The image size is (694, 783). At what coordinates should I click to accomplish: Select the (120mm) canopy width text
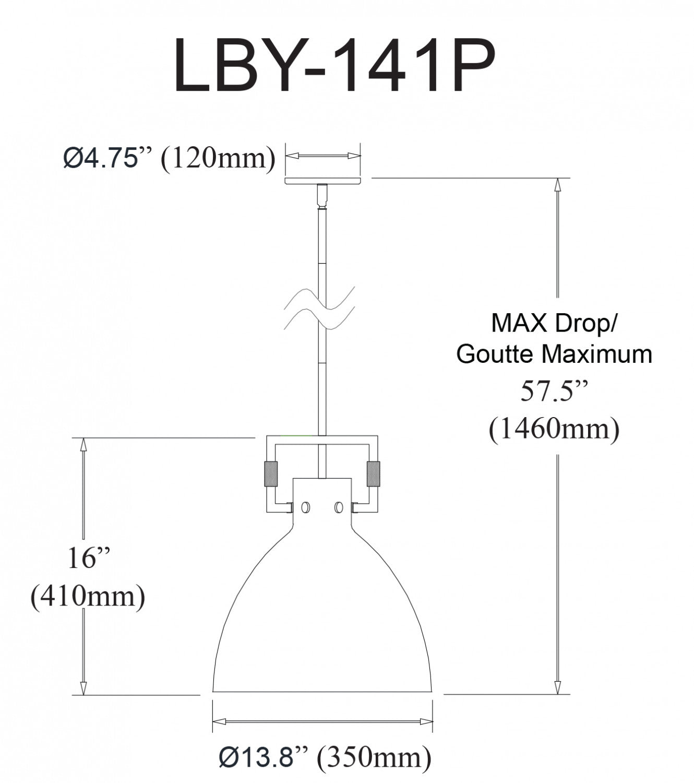(218, 159)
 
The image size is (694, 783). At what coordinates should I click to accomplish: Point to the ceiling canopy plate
(322, 181)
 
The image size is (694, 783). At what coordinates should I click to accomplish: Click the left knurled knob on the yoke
(270, 474)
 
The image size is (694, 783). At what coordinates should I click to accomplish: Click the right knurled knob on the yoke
(373, 474)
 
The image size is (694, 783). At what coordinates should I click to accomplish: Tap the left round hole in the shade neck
(305, 507)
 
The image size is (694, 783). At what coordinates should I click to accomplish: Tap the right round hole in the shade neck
(339, 507)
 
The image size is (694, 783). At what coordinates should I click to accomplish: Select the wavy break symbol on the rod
(319, 308)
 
